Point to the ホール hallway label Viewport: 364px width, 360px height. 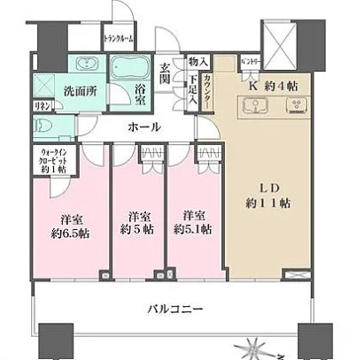[x=144, y=126]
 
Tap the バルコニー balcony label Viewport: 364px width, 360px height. [x=174, y=309]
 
